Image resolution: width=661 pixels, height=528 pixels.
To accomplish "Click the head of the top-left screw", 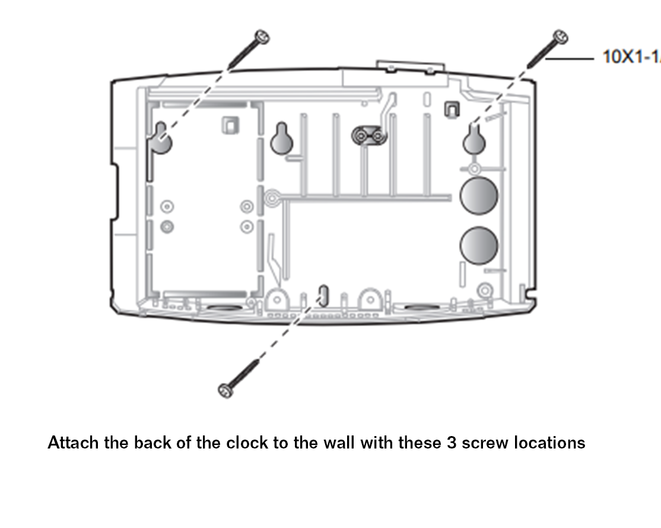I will [260, 37].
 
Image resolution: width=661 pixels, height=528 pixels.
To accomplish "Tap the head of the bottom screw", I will [225, 390].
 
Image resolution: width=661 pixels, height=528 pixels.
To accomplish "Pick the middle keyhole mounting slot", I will [282, 139].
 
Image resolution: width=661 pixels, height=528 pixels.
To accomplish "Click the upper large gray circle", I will [479, 195].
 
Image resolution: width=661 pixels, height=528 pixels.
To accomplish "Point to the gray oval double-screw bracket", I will [369, 136].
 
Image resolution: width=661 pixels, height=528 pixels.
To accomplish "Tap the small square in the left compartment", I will [229, 125].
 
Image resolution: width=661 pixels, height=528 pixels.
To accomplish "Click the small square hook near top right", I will [452, 108].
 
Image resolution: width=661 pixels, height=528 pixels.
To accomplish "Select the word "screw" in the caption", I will [484, 443].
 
